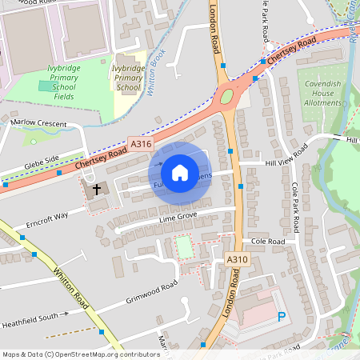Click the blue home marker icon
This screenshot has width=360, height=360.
180,173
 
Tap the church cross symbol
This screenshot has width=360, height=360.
98,190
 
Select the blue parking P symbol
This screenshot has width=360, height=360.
281,318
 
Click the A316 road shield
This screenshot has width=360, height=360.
141,144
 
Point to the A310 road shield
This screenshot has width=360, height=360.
235,260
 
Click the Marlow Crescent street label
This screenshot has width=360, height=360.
38,122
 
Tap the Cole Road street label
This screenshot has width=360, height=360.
268,240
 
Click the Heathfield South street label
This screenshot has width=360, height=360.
30,317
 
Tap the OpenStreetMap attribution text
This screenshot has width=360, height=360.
70,354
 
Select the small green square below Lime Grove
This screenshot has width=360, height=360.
185,246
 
